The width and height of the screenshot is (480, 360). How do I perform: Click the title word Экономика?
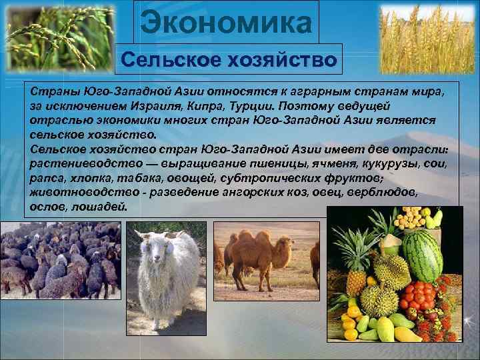[226, 23]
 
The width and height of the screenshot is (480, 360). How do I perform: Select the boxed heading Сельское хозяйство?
[229, 60]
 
